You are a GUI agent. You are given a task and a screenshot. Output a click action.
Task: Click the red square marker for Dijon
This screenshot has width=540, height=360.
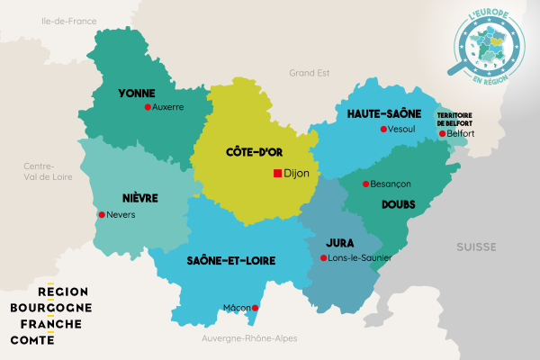277,174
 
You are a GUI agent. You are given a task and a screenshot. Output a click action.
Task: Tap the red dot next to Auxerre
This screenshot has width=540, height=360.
148,107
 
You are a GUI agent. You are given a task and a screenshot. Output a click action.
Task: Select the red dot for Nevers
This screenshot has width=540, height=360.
101,215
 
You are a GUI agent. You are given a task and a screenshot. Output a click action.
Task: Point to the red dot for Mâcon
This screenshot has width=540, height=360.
256,309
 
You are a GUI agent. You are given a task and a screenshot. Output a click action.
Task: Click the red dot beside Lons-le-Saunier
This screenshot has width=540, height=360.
324,258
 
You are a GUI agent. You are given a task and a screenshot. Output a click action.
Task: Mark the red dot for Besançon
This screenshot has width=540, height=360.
365,184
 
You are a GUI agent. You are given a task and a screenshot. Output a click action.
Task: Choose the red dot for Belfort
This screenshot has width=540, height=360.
441,134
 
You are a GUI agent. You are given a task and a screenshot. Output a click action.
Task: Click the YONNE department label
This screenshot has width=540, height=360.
136,92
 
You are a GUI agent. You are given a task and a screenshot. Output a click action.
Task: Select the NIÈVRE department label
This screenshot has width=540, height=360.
139,197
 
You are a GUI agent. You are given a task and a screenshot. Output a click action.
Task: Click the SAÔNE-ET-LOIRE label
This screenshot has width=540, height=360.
231,260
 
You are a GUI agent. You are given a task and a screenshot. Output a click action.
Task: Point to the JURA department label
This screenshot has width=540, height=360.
340,242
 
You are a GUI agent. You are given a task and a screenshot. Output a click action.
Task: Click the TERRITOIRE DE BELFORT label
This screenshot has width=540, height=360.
455,119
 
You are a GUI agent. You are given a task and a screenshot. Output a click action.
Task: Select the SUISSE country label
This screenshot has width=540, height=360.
475,246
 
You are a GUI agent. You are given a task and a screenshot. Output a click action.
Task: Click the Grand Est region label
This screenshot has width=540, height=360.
310,72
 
